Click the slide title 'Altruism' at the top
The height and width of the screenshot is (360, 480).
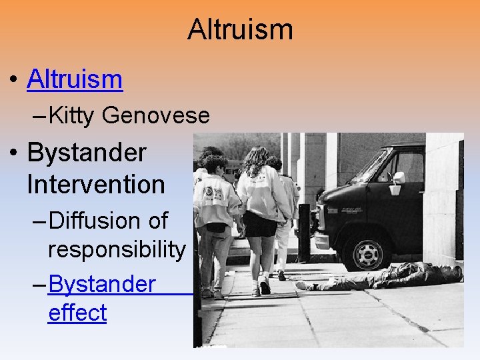240,29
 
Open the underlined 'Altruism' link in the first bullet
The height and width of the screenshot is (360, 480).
75,79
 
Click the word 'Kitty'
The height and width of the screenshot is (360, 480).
72,116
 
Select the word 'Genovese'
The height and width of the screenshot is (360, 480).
156,116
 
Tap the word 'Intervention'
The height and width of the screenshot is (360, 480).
96,184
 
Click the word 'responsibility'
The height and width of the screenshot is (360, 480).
117,249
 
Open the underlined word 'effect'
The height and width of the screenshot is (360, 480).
77,313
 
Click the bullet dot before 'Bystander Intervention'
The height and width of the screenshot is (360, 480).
14,153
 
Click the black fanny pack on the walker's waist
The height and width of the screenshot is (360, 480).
217,227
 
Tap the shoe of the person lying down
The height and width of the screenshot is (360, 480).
304,285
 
